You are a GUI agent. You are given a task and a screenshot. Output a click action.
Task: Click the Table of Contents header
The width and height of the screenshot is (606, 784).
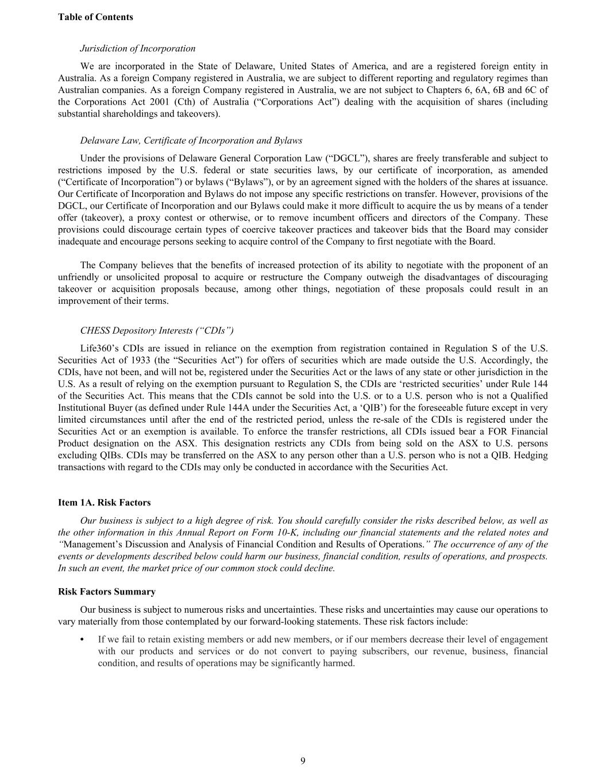click(95, 17)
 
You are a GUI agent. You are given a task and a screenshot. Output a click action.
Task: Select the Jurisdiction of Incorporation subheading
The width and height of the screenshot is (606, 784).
click(138, 48)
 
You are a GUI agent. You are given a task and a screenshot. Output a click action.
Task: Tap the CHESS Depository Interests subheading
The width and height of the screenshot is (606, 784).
click(157, 330)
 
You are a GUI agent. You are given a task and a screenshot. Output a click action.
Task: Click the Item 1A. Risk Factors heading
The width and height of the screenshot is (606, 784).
click(105, 503)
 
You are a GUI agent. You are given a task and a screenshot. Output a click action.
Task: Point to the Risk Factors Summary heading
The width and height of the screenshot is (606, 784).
click(107, 592)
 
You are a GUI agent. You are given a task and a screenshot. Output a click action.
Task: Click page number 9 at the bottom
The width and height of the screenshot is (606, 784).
click(303, 761)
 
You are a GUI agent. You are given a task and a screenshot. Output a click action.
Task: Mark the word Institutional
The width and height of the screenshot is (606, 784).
click(84, 408)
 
